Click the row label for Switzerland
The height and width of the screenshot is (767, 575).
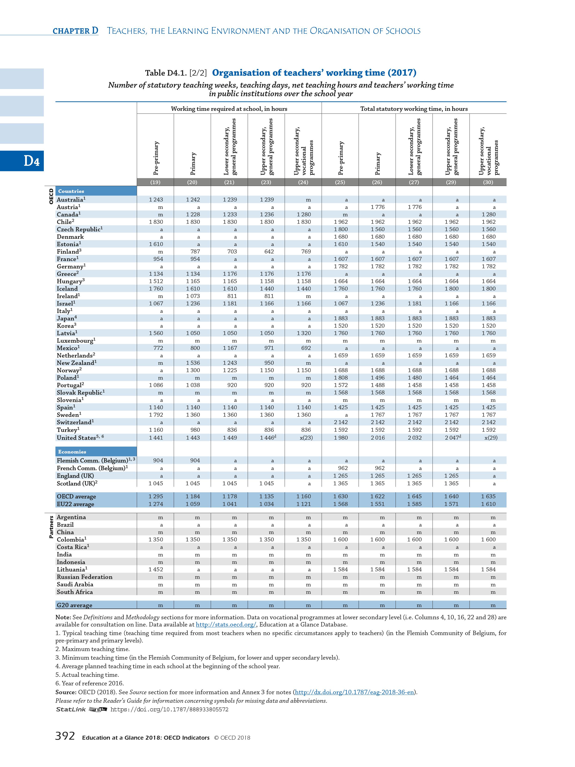point(75,422)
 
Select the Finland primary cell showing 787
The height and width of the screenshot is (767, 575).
point(193,251)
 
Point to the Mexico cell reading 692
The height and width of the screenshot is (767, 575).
point(304,348)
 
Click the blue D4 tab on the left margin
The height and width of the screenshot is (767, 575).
point(22,161)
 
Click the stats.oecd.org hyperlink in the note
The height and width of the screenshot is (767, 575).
point(226,624)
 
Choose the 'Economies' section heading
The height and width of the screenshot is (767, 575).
point(72,451)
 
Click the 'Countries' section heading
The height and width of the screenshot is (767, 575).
point(71,191)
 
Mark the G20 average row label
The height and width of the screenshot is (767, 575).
point(75,605)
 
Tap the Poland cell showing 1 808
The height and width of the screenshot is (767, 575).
point(340,378)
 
